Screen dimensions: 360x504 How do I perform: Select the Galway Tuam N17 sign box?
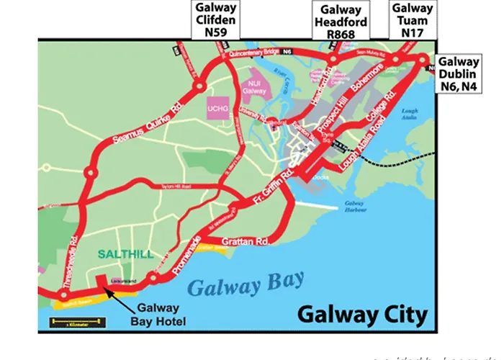point(413,17)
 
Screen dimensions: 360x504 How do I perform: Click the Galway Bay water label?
point(246,284)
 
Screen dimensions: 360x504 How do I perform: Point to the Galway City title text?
point(362,315)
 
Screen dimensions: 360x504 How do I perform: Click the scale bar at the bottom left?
point(74,324)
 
